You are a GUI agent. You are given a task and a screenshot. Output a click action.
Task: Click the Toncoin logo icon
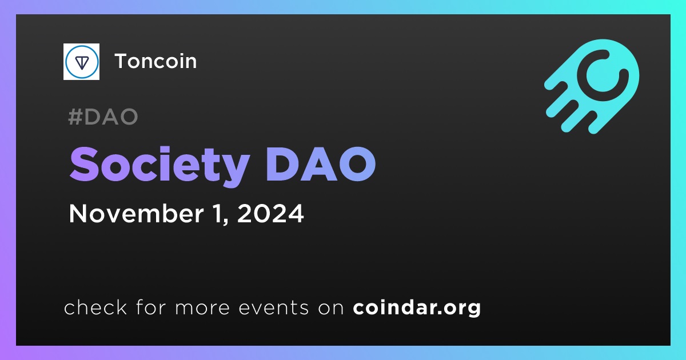[81, 62]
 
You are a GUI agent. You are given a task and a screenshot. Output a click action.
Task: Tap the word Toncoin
[155, 61]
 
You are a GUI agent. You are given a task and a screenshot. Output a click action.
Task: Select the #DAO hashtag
[103, 117]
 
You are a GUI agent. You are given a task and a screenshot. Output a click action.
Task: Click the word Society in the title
[159, 165]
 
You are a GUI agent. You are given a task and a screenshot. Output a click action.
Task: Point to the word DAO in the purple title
[321, 164]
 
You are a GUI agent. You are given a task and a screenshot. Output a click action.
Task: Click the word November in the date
[136, 213]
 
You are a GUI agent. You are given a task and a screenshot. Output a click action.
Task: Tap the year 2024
[270, 213]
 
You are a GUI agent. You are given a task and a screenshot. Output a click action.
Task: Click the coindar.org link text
[417, 307]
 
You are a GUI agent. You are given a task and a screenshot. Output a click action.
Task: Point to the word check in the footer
[95, 307]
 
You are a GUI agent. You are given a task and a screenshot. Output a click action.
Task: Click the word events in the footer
[274, 307]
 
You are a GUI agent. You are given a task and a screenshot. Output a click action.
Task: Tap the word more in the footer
[202, 308]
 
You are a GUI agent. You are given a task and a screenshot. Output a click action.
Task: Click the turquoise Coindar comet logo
[592, 86]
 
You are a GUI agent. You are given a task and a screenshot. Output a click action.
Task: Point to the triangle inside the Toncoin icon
[82, 62]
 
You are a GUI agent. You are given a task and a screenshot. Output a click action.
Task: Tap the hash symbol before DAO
[75, 117]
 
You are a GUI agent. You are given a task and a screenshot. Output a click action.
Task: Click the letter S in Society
[84, 164]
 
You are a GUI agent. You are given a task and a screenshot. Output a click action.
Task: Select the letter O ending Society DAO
[358, 164]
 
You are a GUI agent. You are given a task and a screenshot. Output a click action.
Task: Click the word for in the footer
[151, 307]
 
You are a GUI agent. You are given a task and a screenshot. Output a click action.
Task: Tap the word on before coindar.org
[331, 308]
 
